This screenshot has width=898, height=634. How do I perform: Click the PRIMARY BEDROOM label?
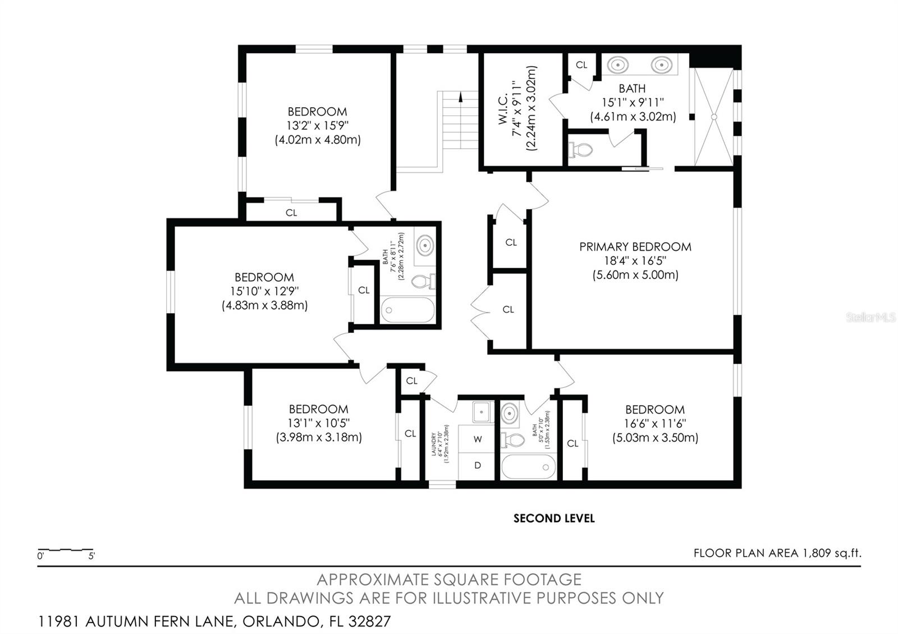click(635, 247)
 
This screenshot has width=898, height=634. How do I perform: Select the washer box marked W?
click(477, 439)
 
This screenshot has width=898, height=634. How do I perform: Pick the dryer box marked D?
click(477, 465)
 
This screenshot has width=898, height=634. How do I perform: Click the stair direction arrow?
click(461, 97)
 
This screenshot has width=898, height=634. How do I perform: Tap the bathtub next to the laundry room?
click(528, 467)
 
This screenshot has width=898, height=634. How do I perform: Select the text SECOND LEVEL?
click(553, 518)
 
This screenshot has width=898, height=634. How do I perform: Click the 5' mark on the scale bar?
click(91, 556)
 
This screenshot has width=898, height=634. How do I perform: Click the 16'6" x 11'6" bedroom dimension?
click(655, 424)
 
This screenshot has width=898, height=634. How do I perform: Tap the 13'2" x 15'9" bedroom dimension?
click(317, 126)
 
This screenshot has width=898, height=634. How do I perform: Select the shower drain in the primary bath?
click(714, 117)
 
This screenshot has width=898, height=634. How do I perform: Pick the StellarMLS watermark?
click(870, 318)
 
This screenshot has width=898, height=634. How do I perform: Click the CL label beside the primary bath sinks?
click(581, 65)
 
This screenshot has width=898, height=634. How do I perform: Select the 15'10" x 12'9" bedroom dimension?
click(264, 291)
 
